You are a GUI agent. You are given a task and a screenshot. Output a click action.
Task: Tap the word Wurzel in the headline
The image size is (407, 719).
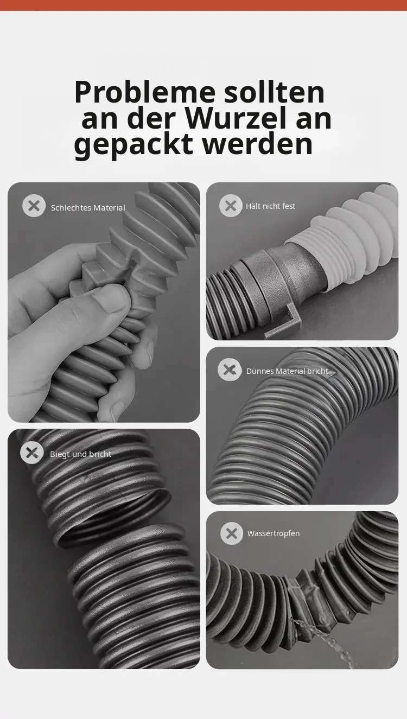coord(236,118)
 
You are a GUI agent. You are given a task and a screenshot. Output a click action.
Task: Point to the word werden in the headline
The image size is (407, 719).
coord(258,143)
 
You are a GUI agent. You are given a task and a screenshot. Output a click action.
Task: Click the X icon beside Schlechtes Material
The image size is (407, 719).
coord(34,206)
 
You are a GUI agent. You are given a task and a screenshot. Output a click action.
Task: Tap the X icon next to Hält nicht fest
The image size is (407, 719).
coord(231,206)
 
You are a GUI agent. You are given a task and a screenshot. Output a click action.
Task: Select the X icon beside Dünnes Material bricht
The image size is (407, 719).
coord(229,370)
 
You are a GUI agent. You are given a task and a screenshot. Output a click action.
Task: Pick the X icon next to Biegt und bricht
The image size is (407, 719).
coord(32,453)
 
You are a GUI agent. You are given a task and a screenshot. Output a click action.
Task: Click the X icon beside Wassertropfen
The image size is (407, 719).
coord(231,533)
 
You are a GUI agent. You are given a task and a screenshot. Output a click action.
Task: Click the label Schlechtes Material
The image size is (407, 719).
coord(88,208)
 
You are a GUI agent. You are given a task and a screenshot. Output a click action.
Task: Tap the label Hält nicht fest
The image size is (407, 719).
coord(270,206)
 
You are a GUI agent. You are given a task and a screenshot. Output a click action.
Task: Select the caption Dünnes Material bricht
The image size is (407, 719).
coord(287,371)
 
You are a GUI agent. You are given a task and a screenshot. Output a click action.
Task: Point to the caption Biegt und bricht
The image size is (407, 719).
coord(80,454)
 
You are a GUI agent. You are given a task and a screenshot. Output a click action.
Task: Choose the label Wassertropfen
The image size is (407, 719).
coord(274,533)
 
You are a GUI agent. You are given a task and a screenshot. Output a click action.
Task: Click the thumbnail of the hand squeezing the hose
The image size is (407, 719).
coord(104,302)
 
